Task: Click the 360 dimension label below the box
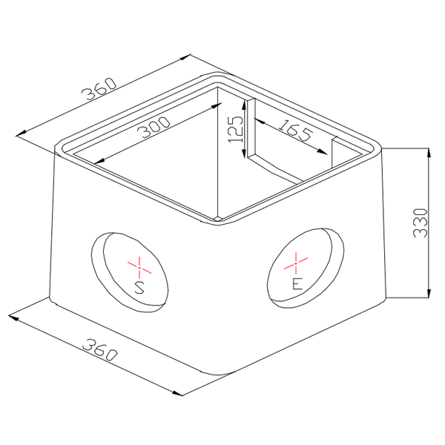coord(99,349)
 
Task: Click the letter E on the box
coord(296,284)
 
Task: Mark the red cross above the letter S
coord(138,263)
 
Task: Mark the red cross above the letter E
coord(296,261)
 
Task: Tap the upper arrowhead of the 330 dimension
coord(428,153)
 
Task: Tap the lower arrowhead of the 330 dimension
coord(428,293)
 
